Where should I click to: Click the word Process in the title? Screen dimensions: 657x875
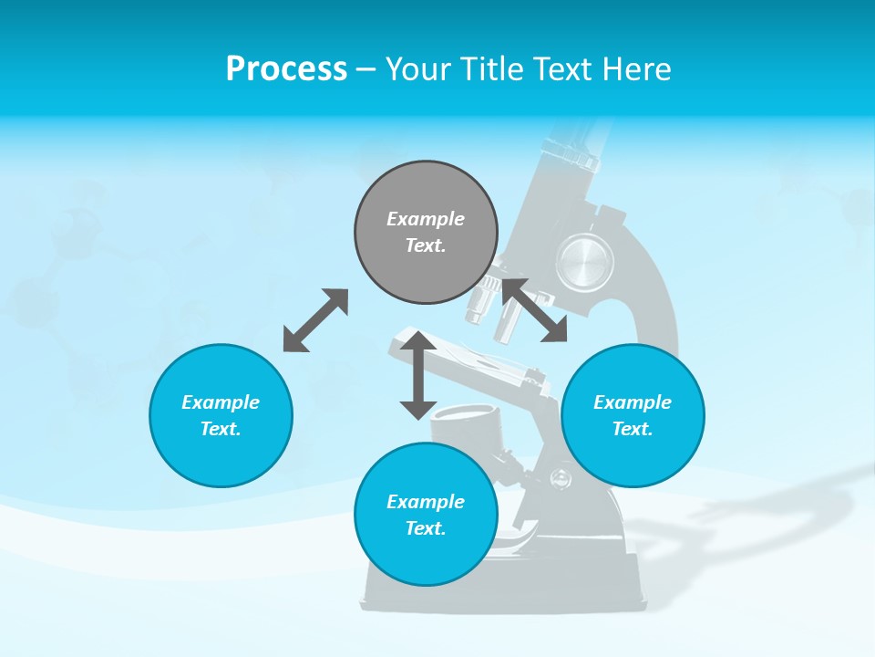[286, 69]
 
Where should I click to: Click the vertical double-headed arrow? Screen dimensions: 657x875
[418, 375]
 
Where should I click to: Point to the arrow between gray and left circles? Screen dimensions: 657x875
[315, 320]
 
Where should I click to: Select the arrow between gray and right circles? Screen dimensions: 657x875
[533, 310]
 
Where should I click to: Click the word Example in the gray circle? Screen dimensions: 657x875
[426, 219]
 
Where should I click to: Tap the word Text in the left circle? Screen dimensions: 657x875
[221, 429]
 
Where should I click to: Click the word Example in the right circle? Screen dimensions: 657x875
[633, 402]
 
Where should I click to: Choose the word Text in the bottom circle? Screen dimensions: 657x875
[426, 528]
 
